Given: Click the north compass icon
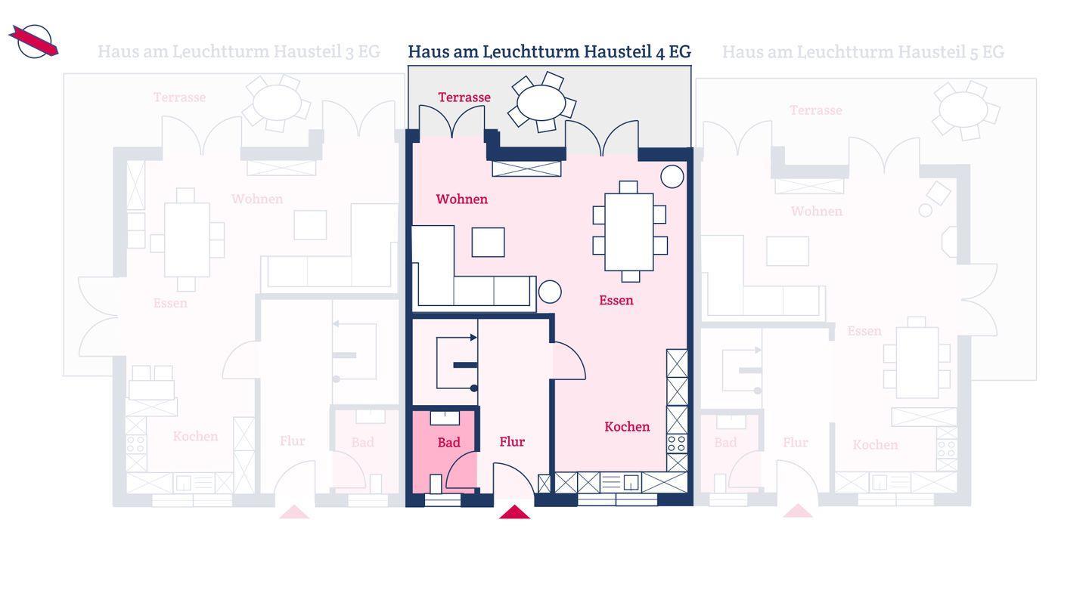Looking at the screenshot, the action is click(34, 42).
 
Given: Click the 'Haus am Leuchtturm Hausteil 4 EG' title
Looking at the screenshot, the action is click(549, 51).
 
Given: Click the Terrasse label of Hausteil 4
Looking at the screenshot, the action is click(464, 97).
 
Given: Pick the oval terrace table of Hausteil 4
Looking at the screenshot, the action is click(541, 103).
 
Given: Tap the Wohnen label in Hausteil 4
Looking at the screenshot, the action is click(462, 199).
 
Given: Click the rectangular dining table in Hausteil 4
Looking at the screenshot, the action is click(629, 232).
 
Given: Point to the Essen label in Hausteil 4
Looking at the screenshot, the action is click(616, 300).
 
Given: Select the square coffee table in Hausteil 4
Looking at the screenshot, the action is click(488, 243).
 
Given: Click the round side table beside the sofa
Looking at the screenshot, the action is click(550, 292).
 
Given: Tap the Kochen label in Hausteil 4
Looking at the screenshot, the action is click(627, 426).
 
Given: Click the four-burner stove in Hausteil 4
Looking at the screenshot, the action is click(677, 444).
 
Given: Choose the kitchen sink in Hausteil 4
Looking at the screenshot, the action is click(631, 483).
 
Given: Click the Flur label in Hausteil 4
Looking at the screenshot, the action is click(512, 441).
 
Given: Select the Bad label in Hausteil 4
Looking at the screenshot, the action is click(448, 443).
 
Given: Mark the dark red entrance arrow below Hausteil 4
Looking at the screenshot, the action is click(514, 512).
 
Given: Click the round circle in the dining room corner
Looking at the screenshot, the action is click(672, 176).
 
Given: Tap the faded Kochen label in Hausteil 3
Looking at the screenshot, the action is click(195, 436).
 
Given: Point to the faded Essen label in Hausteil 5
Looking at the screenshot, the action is click(864, 331).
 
